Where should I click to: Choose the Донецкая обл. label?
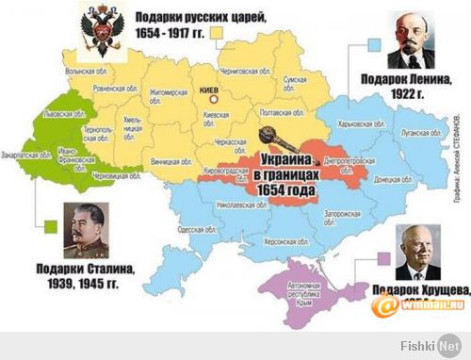(367, 178)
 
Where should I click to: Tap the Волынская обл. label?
(82, 71)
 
